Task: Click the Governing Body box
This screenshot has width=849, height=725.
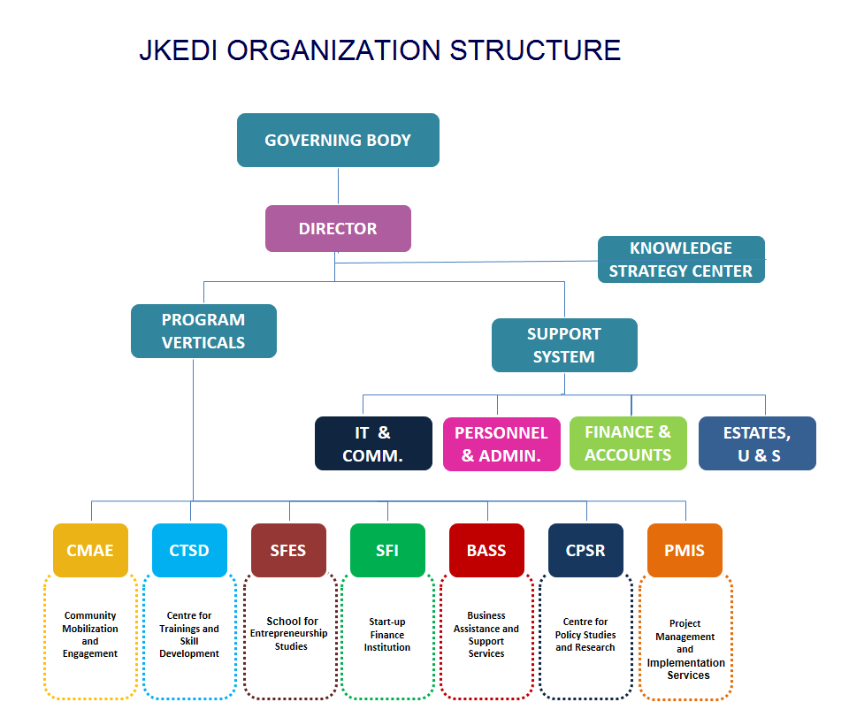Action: [338, 140]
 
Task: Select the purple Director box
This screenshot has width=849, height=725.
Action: [338, 228]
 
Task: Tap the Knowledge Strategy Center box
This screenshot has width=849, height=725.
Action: [680, 259]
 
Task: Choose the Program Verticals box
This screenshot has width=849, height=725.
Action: [203, 331]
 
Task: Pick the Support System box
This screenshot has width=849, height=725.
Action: [563, 345]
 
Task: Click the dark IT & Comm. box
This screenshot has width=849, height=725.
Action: [373, 443]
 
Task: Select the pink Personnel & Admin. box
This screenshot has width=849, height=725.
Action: [501, 444]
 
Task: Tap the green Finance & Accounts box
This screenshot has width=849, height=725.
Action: [628, 443]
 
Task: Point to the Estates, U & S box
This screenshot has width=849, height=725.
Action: [757, 444]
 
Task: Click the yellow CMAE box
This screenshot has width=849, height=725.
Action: [90, 550]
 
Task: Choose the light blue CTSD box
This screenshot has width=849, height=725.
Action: [189, 550]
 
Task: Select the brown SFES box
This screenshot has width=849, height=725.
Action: [288, 550]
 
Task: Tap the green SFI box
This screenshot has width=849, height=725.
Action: [387, 550]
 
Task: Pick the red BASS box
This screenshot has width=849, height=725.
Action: [486, 550]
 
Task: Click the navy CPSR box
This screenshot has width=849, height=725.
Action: [585, 550]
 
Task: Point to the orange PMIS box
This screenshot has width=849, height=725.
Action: [685, 550]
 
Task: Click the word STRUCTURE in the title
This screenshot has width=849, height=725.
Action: [535, 50]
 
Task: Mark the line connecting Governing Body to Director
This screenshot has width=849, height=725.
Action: [339, 186]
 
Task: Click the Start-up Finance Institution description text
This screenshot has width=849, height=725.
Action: [387, 635]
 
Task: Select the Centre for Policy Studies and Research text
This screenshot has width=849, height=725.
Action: [585, 635]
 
